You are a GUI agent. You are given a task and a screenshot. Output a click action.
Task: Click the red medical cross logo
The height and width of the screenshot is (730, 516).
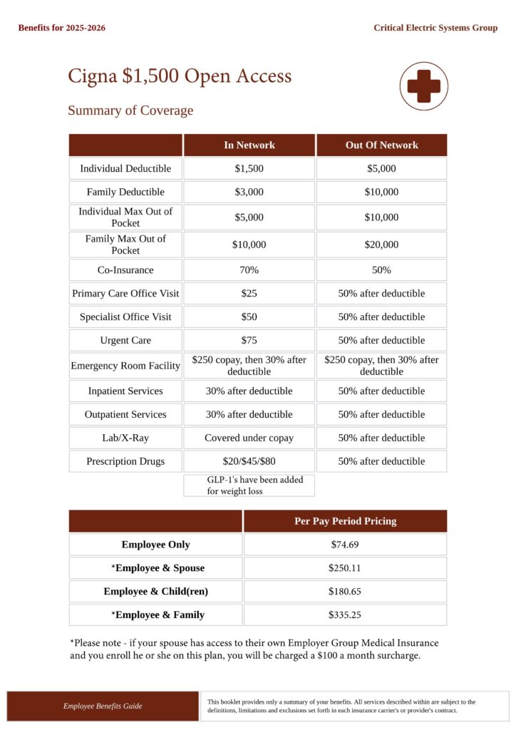pyautogui.click(x=423, y=86)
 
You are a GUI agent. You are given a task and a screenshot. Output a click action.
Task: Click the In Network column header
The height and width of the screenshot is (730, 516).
pyautogui.click(x=249, y=145)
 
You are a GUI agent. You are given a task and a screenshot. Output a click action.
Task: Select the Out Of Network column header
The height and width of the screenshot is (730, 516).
pyautogui.click(x=381, y=145)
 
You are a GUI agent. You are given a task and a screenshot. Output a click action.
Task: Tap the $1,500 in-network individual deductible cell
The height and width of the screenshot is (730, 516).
pyautogui.click(x=249, y=168)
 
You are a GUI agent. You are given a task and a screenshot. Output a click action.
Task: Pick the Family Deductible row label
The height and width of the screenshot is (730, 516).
pyautogui.click(x=125, y=192)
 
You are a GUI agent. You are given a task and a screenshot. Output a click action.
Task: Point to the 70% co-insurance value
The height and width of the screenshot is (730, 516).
pyautogui.click(x=249, y=270)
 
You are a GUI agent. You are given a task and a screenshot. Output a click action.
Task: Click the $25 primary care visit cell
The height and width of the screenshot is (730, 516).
pyautogui.click(x=249, y=293)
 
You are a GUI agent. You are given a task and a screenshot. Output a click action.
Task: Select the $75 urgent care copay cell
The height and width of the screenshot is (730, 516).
pyautogui.click(x=249, y=340)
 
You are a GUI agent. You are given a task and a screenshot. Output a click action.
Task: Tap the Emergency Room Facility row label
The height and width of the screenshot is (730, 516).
pyautogui.click(x=125, y=366)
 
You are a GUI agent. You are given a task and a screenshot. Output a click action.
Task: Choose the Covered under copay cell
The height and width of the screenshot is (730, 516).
pyautogui.click(x=249, y=438)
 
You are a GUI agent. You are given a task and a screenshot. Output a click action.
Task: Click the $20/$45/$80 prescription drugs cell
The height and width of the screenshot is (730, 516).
pyautogui.click(x=249, y=461)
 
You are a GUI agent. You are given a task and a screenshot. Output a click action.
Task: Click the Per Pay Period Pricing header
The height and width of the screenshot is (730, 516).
pyautogui.click(x=345, y=521)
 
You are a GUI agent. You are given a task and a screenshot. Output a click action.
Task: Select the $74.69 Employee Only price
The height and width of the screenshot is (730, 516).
pyautogui.click(x=345, y=545)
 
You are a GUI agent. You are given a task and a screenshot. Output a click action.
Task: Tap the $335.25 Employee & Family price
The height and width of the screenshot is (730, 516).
pyautogui.click(x=345, y=615)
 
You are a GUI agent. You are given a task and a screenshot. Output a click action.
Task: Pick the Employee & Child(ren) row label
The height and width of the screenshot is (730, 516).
pyautogui.click(x=155, y=591)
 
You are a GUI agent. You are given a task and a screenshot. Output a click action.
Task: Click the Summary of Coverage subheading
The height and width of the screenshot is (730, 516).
pyautogui.click(x=130, y=110)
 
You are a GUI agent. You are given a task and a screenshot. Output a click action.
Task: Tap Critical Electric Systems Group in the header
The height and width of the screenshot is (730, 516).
pyautogui.click(x=435, y=28)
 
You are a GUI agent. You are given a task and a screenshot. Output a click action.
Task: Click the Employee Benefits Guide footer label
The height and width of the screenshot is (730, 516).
pyautogui.click(x=103, y=706)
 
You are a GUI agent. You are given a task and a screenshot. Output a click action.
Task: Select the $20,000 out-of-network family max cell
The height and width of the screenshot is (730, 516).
pyautogui.click(x=381, y=245)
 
